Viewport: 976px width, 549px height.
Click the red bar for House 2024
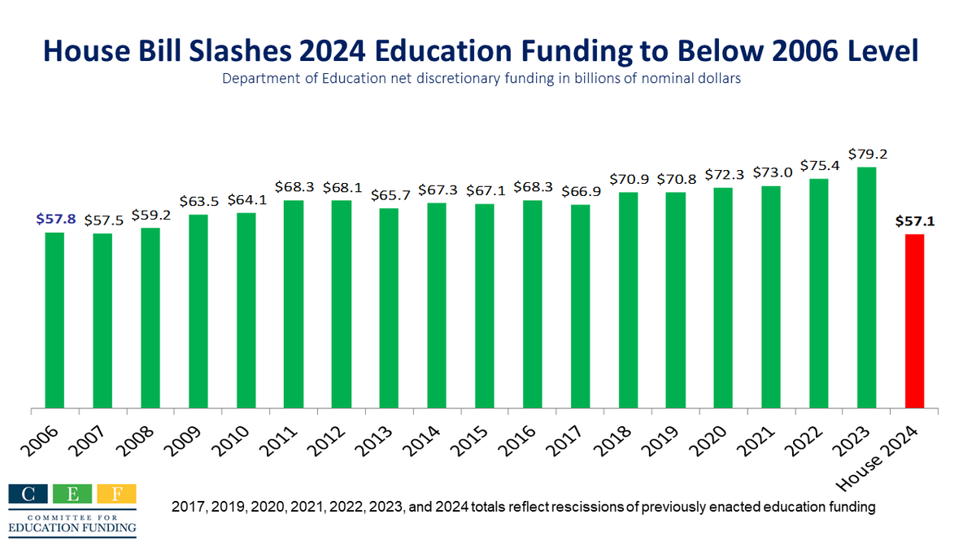pos(914,320)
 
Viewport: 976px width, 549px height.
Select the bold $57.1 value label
pos(914,220)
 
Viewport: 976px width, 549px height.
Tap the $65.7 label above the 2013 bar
pos(389,194)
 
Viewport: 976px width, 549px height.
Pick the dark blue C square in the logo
pos(28,494)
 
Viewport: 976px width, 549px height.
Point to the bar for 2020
pos(723,298)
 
